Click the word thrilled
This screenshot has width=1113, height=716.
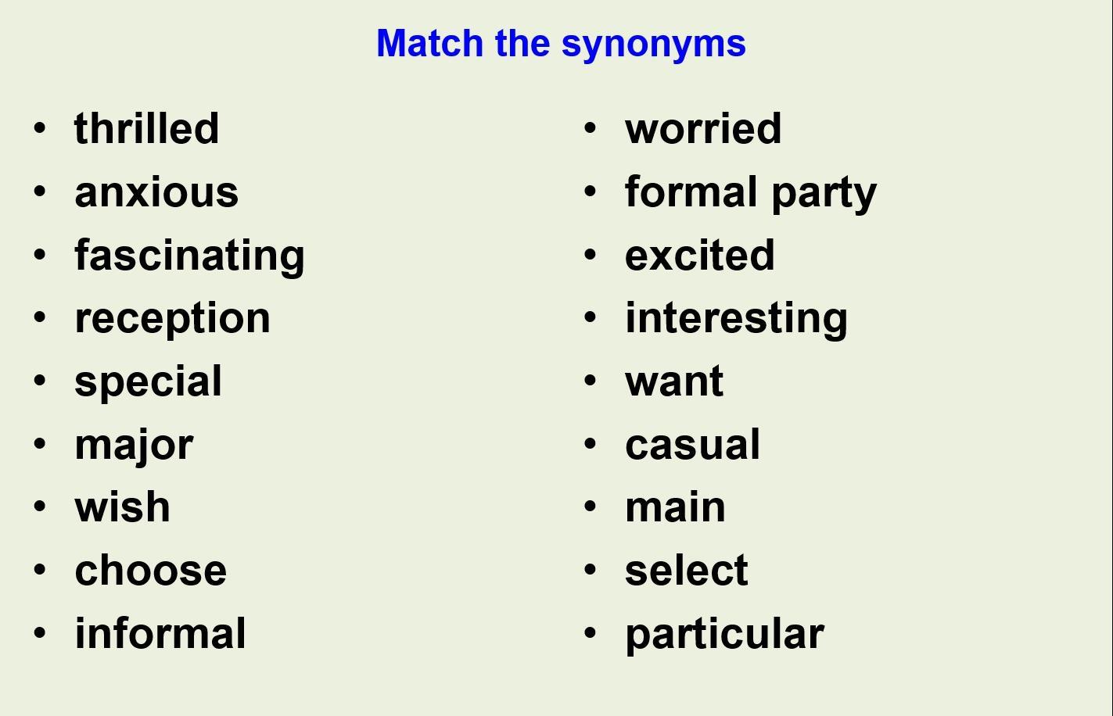point(146,128)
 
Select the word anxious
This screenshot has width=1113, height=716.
point(156,192)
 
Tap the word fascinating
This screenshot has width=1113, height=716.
point(189,256)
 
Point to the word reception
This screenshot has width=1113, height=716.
point(172,320)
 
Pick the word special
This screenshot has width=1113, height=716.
point(148,382)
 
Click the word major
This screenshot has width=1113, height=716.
point(134,446)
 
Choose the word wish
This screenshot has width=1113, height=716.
point(122,507)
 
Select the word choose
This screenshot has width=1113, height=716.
point(150,570)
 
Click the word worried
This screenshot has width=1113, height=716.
point(703,128)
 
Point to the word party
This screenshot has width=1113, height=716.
point(824,193)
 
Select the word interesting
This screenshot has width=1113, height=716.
point(736,320)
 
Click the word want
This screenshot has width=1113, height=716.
point(674,381)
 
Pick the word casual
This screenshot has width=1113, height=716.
point(693,444)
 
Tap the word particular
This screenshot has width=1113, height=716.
point(725,635)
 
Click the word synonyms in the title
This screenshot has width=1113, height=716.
point(654,45)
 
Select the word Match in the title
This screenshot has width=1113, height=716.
point(430,43)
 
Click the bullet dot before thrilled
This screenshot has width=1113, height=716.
point(40,128)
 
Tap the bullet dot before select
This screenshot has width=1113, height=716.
point(591,570)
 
